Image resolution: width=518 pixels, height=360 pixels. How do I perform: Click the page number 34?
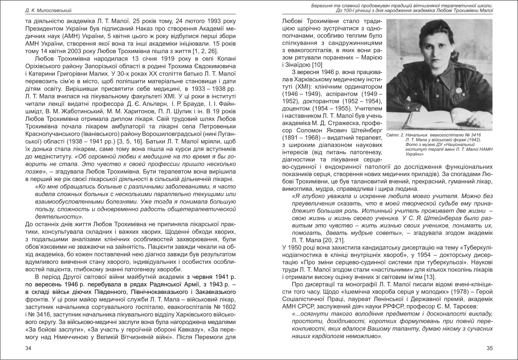(28, 348)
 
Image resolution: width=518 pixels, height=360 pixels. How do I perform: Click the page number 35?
(489, 348)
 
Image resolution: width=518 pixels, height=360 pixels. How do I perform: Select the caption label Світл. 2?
(397, 135)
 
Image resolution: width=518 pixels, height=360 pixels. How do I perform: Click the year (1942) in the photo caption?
(472, 140)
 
